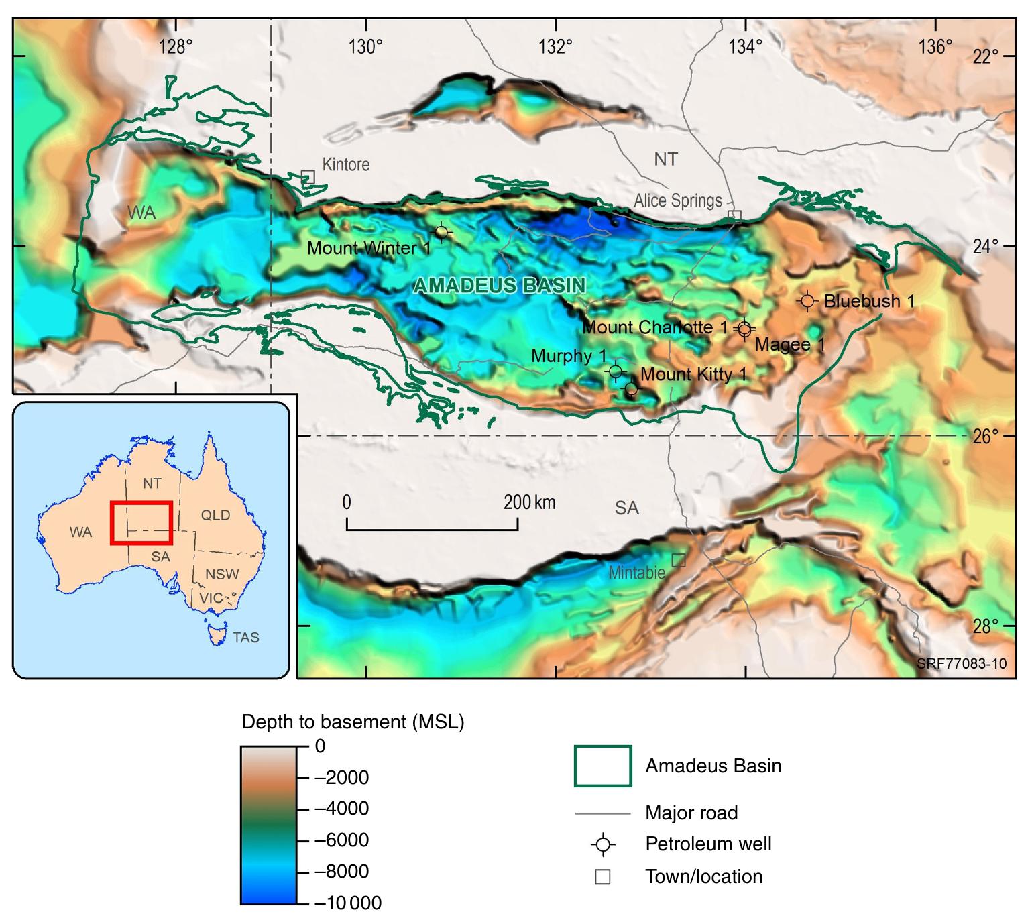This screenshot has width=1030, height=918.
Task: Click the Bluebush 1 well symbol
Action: [x=807, y=302]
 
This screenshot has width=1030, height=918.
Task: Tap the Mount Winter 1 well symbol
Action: [x=441, y=232]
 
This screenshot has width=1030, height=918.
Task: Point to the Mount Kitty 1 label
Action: [x=693, y=374]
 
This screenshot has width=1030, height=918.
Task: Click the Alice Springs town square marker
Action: [x=735, y=215]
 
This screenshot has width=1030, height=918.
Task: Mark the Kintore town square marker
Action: [x=308, y=176]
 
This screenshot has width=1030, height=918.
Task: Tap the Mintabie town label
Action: [x=636, y=573]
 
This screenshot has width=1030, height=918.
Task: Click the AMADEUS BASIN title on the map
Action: [x=500, y=286]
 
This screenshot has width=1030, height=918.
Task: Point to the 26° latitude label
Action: [x=986, y=437]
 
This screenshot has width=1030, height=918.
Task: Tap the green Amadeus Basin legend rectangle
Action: [x=602, y=766]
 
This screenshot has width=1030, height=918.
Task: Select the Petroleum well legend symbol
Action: [x=603, y=844]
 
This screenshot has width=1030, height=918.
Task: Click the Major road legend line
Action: [x=602, y=814]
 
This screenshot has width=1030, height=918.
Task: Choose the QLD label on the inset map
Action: [x=215, y=515]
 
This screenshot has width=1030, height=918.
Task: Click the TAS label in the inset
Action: [x=245, y=637]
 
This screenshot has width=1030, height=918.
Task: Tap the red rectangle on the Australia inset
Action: [x=141, y=522]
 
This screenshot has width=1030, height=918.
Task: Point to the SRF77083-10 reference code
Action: [x=961, y=664]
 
